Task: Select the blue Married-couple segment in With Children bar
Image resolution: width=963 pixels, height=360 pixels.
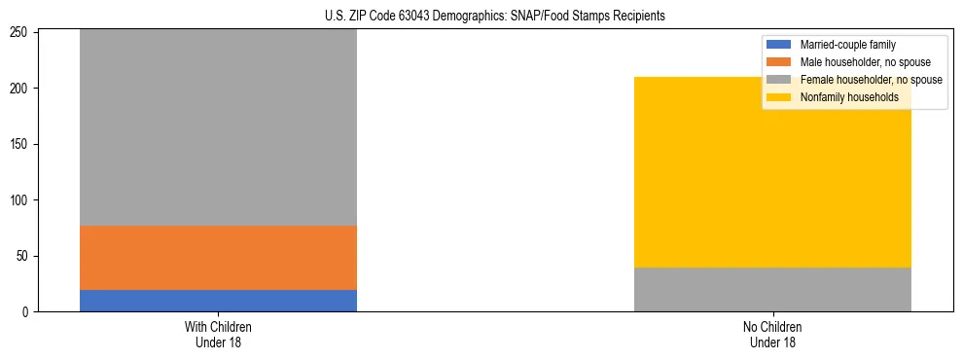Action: pyautogui.click(x=218, y=301)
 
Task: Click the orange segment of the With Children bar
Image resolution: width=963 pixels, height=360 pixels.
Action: pyautogui.click(x=218, y=258)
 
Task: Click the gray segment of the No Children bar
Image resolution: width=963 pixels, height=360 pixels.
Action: pyautogui.click(x=772, y=290)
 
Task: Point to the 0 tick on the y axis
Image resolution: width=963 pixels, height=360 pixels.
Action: pyautogui.click(x=27, y=312)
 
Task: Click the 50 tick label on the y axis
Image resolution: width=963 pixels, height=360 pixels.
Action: pyautogui.click(x=24, y=256)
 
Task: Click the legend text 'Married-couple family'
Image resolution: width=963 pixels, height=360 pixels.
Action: pyautogui.click(x=847, y=45)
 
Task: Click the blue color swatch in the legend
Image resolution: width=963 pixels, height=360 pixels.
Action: pyautogui.click(x=779, y=45)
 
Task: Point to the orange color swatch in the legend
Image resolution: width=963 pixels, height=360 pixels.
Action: pyautogui.click(x=779, y=62)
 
